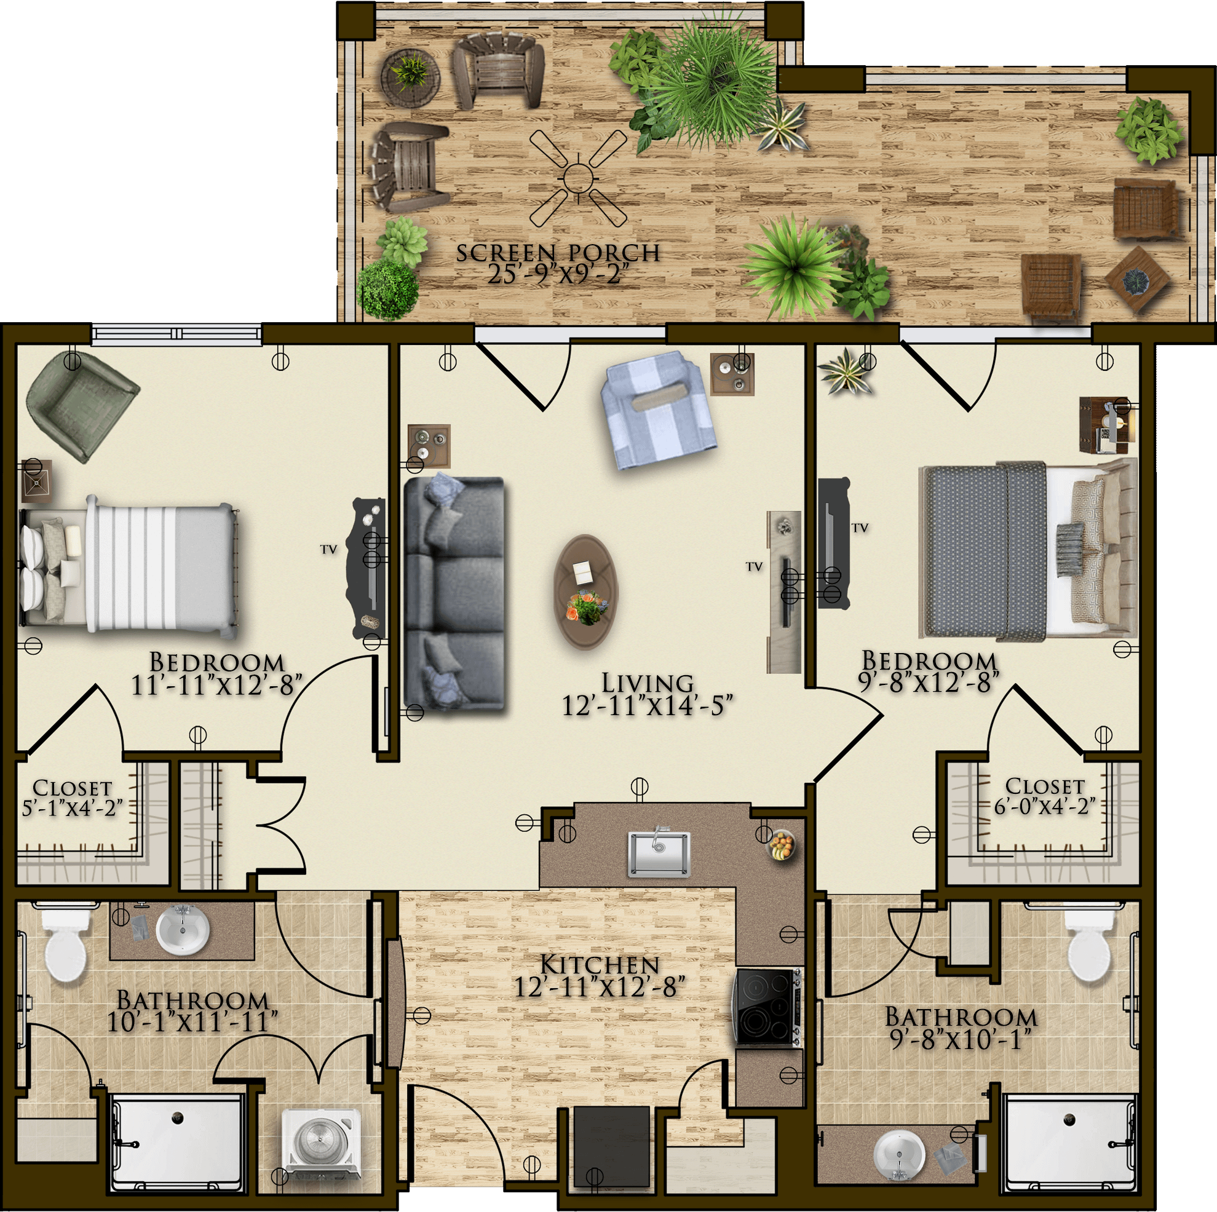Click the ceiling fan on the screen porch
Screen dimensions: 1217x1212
(x=577, y=178)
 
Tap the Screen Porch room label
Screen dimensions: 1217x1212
(x=558, y=253)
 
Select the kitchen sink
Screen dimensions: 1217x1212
(x=659, y=853)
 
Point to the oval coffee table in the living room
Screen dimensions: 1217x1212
(x=586, y=591)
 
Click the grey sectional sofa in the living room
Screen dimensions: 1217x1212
(x=454, y=593)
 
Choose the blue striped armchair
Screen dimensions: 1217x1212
(x=657, y=410)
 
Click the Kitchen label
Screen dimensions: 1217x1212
(x=600, y=965)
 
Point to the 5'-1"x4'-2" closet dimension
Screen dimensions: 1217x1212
(x=72, y=808)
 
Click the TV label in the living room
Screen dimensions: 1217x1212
(x=754, y=567)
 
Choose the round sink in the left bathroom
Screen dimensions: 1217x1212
(x=182, y=930)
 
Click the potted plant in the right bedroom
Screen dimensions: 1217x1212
(x=847, y=371)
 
